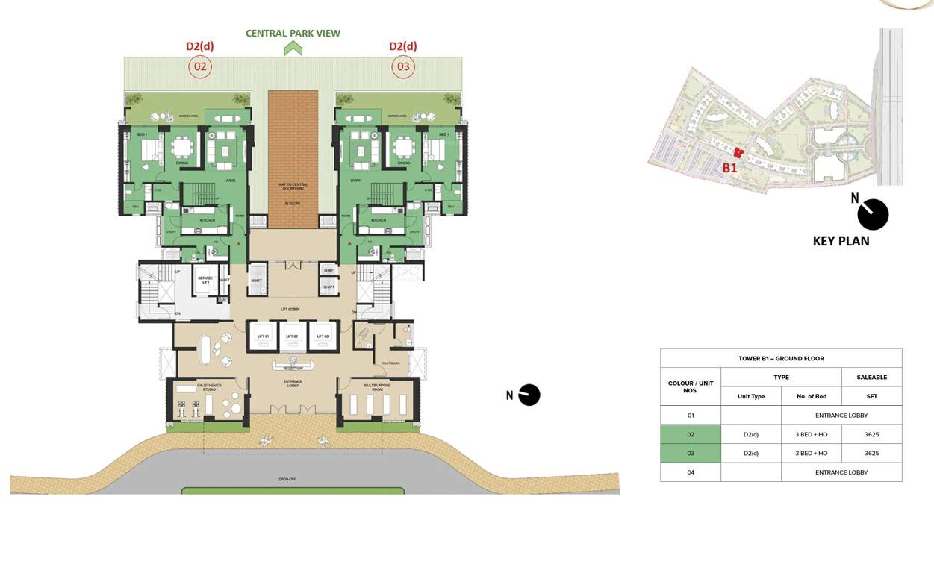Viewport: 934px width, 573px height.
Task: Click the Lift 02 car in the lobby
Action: click(293, 336)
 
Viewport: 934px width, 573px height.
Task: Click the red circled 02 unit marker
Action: click(200, 67)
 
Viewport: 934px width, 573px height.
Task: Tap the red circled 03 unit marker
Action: click(403, 67)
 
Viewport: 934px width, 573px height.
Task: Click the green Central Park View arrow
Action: click(293, 48)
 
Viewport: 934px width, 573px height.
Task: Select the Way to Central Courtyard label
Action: click(293, 186)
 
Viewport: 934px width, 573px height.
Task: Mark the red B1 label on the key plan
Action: click(729, 168)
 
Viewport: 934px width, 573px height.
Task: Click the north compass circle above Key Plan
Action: click(873, 215)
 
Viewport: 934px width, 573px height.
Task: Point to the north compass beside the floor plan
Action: click(529, 395)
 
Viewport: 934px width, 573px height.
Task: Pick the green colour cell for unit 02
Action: click(691, 434)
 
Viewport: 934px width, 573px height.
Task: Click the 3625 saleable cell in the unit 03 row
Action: click(871, 453)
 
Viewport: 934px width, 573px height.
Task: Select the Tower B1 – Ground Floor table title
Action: click(781, 358)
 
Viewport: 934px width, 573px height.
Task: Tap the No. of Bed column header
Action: click(811, 396)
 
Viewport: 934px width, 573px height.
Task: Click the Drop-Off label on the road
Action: click(287, 479)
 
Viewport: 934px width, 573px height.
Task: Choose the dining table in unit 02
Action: click(181, 146)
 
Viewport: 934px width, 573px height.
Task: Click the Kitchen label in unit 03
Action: click(379, 221)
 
